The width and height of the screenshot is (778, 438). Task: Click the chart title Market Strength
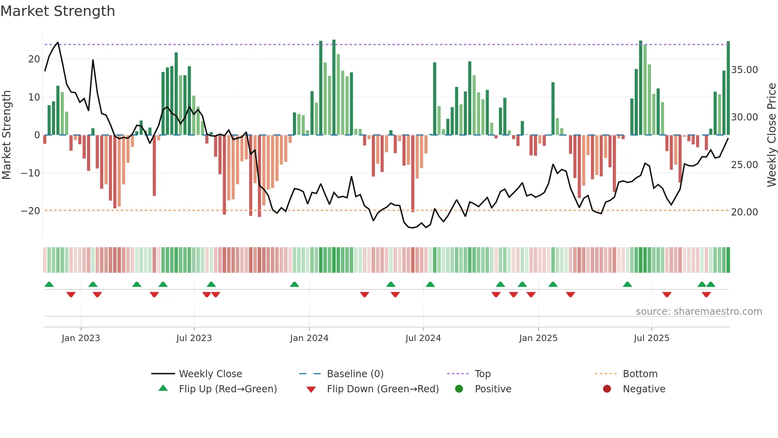pos(58,11)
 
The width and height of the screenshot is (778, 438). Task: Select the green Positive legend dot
pos(459,389)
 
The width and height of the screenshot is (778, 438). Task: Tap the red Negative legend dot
pos(607,389)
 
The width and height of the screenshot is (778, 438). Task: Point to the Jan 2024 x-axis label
pos(309,338)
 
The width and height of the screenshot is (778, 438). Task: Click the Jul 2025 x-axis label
pos(651,338)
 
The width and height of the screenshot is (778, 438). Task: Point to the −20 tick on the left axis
pos(31,211)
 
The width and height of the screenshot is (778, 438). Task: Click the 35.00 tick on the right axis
pos(744,70)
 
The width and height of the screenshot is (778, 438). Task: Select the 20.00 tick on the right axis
pos(744,212)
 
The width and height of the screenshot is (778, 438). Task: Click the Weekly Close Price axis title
pos(771,135)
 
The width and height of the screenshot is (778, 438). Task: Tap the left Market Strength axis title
pos(7,135)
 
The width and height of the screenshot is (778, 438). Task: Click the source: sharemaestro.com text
pos(699,312)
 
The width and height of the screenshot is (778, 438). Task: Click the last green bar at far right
pos(728,87)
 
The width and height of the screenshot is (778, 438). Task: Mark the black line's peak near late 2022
pos(58,42)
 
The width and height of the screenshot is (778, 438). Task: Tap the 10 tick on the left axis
pos(34,97)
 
